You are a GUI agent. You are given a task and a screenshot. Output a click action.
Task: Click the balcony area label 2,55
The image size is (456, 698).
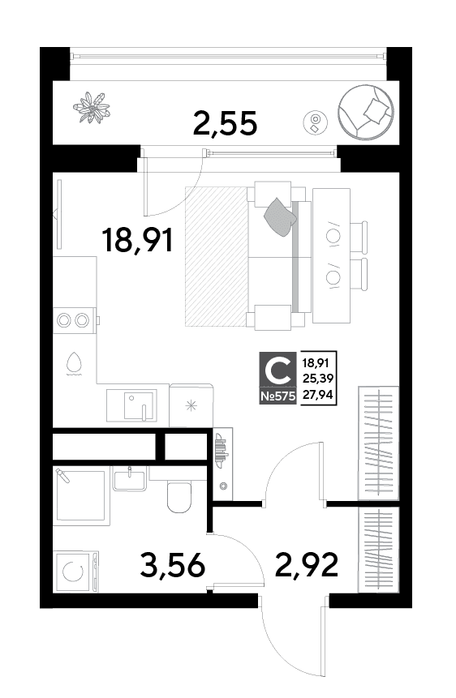[225, 123]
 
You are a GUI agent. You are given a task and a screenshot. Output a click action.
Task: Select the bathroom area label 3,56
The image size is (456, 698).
[173, 565]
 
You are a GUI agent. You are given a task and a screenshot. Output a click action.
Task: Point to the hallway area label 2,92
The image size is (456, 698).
[307, 564]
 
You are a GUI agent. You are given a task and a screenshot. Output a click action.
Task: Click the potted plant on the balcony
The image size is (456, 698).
[92, 107]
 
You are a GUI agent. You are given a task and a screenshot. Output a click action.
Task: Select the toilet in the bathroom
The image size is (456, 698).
[179, 495]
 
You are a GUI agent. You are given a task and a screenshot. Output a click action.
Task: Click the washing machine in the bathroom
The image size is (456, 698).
[75, 572]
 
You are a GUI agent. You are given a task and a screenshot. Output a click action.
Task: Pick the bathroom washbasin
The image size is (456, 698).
[129, 479]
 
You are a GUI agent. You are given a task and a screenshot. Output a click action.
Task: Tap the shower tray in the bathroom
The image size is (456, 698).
[81, 494]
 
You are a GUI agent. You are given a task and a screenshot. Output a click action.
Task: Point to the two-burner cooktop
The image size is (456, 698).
[75, 320]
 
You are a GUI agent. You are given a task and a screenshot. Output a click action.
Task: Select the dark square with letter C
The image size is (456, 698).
[277, 370]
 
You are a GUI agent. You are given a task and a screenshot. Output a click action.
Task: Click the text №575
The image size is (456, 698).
[277, 396]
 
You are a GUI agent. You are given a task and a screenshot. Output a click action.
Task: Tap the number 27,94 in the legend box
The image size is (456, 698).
[318, 394]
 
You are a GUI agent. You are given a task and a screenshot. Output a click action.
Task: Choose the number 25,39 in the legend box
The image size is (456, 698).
[318, 379]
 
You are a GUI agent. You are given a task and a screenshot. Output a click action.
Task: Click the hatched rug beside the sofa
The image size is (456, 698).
[217, 256]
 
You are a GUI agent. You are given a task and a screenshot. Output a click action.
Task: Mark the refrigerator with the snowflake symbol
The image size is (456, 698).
[191, 405]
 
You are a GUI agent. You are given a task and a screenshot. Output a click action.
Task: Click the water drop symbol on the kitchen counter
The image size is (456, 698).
[75, 363]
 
